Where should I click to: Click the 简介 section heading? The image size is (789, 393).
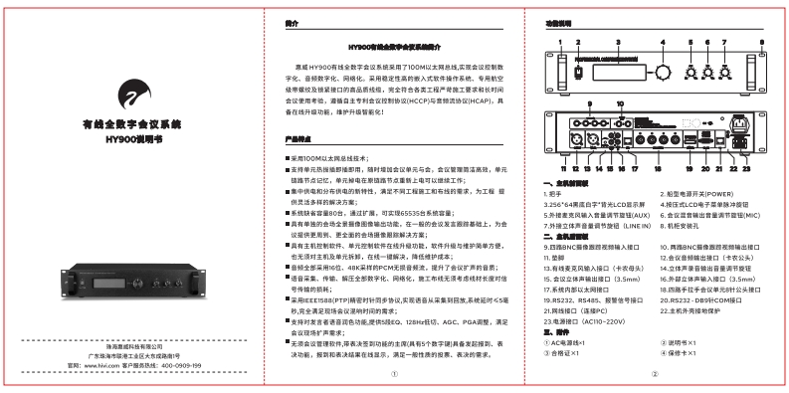pyautogui.click(x=292, y=21)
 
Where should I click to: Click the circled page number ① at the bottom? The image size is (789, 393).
pyautogui.click(x=394, y=374)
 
